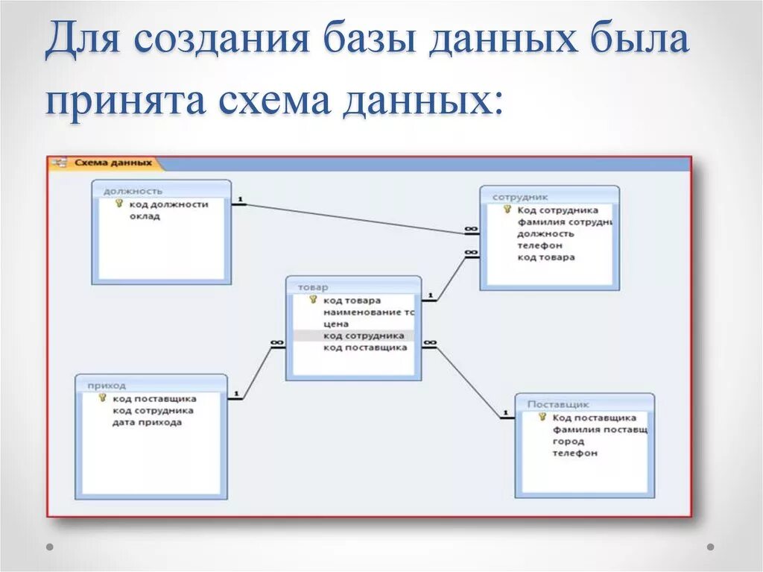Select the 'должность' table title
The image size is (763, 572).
coord(133,191)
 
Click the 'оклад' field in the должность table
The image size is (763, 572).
coord(145,216)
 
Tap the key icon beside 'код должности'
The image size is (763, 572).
coord(118,204)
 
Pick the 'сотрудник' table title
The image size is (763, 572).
coord(520,197)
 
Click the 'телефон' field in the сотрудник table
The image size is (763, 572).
coord(539,245)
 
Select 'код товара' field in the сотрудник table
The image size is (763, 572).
coord(546,257)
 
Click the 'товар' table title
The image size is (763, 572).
coord(313,287)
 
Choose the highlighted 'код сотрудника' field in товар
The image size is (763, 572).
coord(364,336)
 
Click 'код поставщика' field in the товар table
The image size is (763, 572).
coord(365,348)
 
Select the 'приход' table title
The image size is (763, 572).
coord(107,386)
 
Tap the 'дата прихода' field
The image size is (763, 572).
coord(147,422)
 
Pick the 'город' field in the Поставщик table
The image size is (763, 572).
coord(568,441)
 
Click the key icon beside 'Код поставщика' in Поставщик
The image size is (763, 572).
coord(542,418)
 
